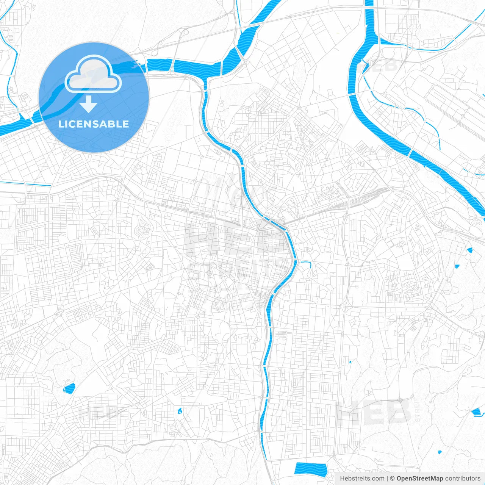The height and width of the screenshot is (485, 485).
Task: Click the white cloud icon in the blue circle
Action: (x=93, y=74)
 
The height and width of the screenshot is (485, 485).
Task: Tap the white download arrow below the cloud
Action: (x=89, y=104)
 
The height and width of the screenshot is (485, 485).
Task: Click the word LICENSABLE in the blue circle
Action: (x=94, y=124)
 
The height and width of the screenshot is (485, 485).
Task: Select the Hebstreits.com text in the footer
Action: (x=362, y=479)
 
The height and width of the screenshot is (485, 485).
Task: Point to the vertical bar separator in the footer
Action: (x=387, y=479)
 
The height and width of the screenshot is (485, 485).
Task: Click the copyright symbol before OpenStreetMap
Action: (x=393, y=479)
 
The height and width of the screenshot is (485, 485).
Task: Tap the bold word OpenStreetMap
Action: (x=419, y=479)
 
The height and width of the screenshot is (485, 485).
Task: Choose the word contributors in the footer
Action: (x=463, y=479)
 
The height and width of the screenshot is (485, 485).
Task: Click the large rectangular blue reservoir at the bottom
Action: (x=310, y=468)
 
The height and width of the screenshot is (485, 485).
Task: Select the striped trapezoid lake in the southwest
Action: (x=69, y=388)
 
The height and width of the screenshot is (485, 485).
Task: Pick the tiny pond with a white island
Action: (x=180, y=410)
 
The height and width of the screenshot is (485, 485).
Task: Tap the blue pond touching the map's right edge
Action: (x=476, y=412)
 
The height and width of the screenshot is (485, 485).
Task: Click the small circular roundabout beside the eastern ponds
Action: (x=468, y=257)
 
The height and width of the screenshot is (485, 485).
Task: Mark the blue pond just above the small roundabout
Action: (x=470, y=250)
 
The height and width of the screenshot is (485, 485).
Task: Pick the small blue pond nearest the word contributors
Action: (x=440, y=452)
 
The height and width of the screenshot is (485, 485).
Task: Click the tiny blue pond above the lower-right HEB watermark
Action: (x=350, y=362)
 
